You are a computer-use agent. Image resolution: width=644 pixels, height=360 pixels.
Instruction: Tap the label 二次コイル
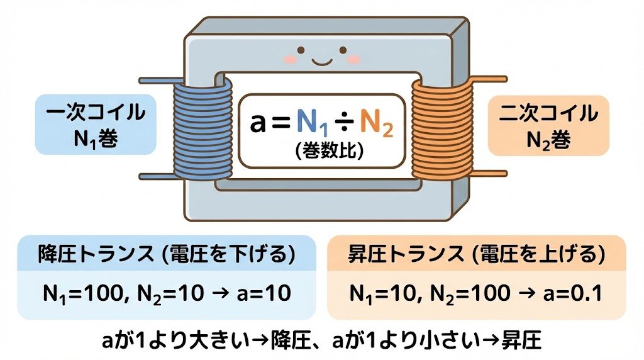[548, 113]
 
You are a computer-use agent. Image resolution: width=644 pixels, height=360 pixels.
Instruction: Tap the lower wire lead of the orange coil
[490, 173]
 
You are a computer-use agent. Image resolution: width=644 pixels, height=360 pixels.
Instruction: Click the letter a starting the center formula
[258, 124]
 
